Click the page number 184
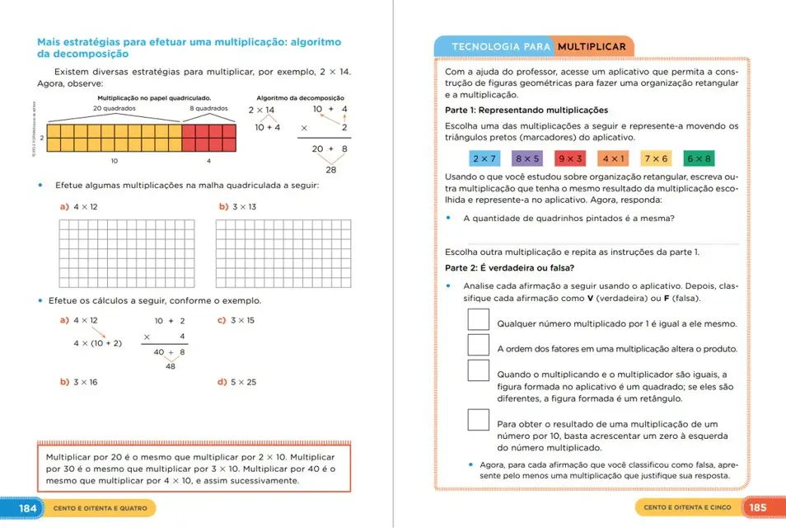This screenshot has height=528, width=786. pos(28,508)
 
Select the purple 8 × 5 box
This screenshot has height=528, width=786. pos(526,158)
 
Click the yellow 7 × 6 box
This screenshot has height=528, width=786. pos(657,158)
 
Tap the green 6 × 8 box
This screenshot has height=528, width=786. pos(699,158)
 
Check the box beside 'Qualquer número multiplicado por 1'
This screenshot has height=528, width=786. pos(479,320)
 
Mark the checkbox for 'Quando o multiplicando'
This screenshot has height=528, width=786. pos(479,370)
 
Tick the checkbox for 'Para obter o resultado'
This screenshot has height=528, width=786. pos(479,419)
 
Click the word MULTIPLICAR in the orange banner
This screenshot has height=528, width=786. pos(592,47)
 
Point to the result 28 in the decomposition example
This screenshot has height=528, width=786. pos(330,169)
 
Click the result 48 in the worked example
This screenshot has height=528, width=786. pos(170,366)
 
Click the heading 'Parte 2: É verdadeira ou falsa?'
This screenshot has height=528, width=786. pos(509,267)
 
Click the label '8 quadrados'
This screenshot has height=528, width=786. pos(208,108)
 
